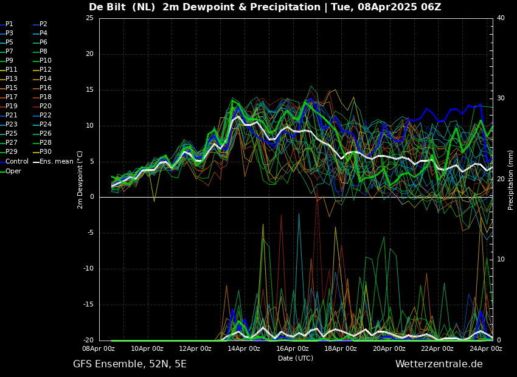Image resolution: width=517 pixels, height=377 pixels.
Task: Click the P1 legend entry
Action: (x=7, y=24)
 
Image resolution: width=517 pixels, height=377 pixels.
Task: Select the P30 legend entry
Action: (x=42, y=151)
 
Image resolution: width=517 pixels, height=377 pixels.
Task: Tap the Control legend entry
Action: (x=14, y=162)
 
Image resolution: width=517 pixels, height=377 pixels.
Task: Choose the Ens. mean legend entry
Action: (x=53, y=162)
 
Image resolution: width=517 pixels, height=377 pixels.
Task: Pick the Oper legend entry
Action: (x=10, y=171)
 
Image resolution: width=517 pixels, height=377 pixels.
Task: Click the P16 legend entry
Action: (x=42, y=88)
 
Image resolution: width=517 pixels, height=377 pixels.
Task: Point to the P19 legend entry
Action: (x=9, y=106)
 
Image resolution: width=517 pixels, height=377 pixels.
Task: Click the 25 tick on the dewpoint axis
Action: (x=89, y=18)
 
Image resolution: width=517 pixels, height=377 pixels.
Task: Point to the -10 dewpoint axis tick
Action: (x=89, y=269)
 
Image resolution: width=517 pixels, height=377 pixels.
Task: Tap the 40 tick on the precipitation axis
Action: (x=501, y=18)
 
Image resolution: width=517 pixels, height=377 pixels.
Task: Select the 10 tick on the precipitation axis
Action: (x=501, y=260)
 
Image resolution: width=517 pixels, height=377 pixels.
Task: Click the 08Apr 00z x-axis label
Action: (x=99, y=348)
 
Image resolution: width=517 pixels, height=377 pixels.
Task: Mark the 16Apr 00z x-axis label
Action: (x=293, y=348)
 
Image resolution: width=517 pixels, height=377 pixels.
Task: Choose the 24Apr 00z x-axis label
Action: (x=487, y=348)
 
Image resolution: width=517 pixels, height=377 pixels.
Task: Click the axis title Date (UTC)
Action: (x=296, y=358)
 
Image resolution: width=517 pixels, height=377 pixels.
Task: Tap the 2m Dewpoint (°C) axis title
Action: (x=80, y=180)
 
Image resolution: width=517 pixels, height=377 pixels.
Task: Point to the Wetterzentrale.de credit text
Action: (x=439, y=364)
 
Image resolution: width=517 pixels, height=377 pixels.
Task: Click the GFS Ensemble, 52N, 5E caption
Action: (x=130, y=364)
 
